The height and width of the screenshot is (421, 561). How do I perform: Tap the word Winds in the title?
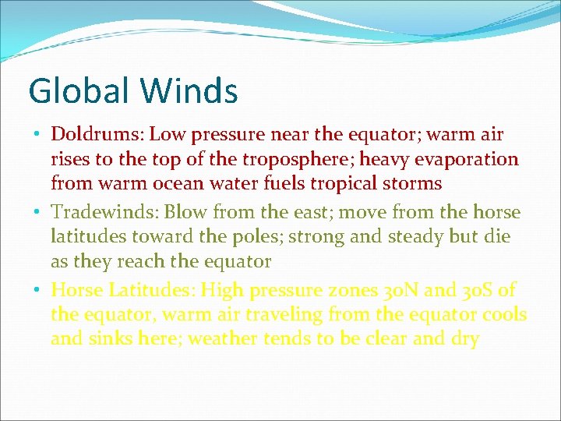[189, 90]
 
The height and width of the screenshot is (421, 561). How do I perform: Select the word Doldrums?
[97, 134]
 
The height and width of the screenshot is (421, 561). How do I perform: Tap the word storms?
[415, 184]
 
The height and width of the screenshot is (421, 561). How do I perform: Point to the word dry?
[464, 340]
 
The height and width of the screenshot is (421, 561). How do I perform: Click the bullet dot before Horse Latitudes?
[38, 290]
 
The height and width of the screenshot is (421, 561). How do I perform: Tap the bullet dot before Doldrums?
[38, 134]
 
